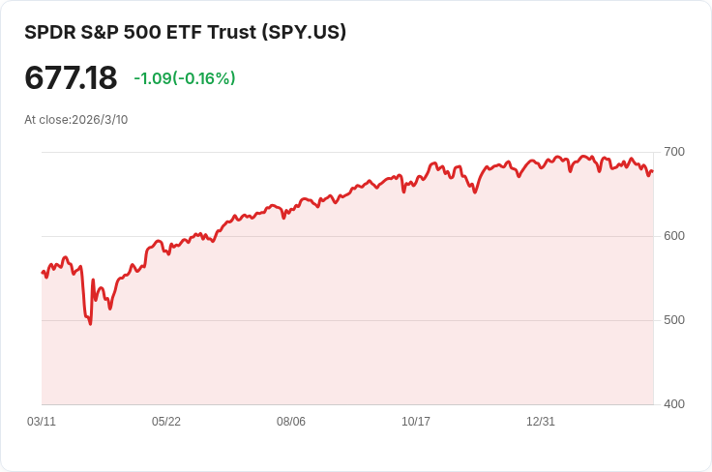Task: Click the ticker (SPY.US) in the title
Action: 304,32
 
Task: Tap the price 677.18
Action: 71,78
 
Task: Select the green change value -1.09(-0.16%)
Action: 185,78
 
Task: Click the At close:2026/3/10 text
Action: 76,120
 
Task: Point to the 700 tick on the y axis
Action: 674,152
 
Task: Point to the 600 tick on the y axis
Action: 674,236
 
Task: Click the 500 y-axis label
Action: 674,320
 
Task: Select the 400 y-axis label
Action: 674,404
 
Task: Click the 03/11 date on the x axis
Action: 42,422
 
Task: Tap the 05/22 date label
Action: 166,422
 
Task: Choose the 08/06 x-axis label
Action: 291,422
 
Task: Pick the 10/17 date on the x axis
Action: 416,422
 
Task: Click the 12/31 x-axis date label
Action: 541,422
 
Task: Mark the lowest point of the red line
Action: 90,323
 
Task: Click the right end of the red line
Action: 653,172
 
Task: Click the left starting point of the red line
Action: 43,273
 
